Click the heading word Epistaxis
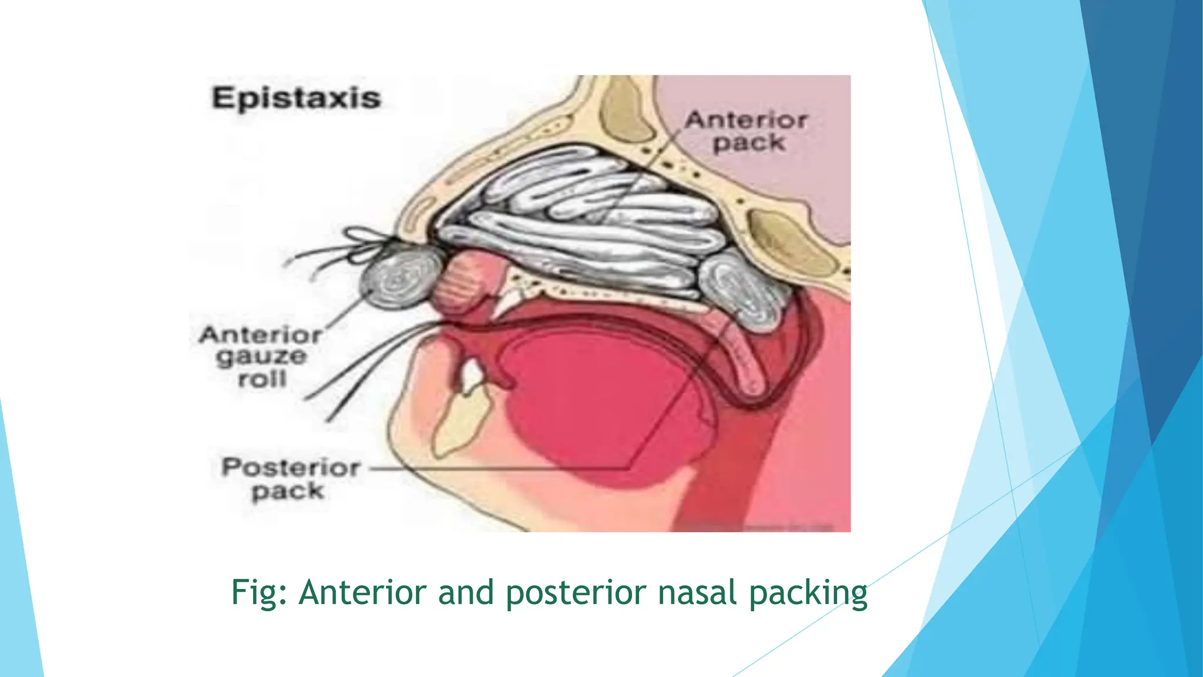[x=296, y=98]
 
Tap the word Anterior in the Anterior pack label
[x=746, y=120]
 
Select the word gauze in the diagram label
[x=261, y=357]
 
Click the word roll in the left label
[x=262, y=379]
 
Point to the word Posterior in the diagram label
[x=291, y=468]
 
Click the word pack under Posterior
[x=288, y=491]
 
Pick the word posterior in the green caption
[x=576, y=592]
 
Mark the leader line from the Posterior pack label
[x=499, y=469]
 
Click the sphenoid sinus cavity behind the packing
[x=787, y=241]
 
